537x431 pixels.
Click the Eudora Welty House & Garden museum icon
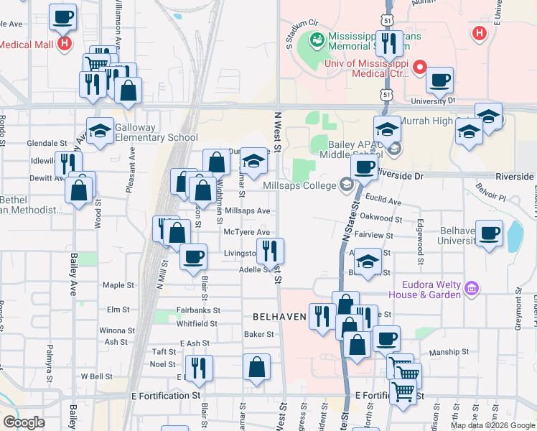click(x=472, y=289)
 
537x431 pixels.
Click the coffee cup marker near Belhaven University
click(x=490, y=234)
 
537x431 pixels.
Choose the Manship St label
click(x=449, y=353)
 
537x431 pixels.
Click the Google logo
click(x=24, y=422)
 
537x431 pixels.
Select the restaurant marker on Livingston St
click(x=270, y=251)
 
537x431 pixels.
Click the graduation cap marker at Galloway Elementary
click(x=101, y=130)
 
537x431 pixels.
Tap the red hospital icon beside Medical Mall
click(x=65, y=44)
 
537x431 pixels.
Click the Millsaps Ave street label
click(x=247, y=211)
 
